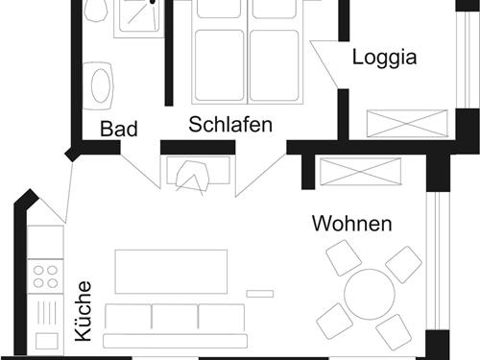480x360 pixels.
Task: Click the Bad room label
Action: tap(119, 129)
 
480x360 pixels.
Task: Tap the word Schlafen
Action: tap(230, 125)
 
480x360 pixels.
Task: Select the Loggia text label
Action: tap(384, 57)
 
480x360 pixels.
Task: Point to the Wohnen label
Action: tap(351, 225)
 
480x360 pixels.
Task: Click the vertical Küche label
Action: tap(84, 311)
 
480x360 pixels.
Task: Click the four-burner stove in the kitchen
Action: tap(45, 276)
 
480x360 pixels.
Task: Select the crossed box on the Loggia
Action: tap(410, 125)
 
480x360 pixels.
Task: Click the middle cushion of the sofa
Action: tap(175, 318)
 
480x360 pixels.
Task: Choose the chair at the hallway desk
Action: tap(197, 178)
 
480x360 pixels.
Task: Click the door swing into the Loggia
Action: tap(331, 67)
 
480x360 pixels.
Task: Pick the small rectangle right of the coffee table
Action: tap(259, 293)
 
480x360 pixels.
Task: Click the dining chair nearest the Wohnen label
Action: tap(343, 258)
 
